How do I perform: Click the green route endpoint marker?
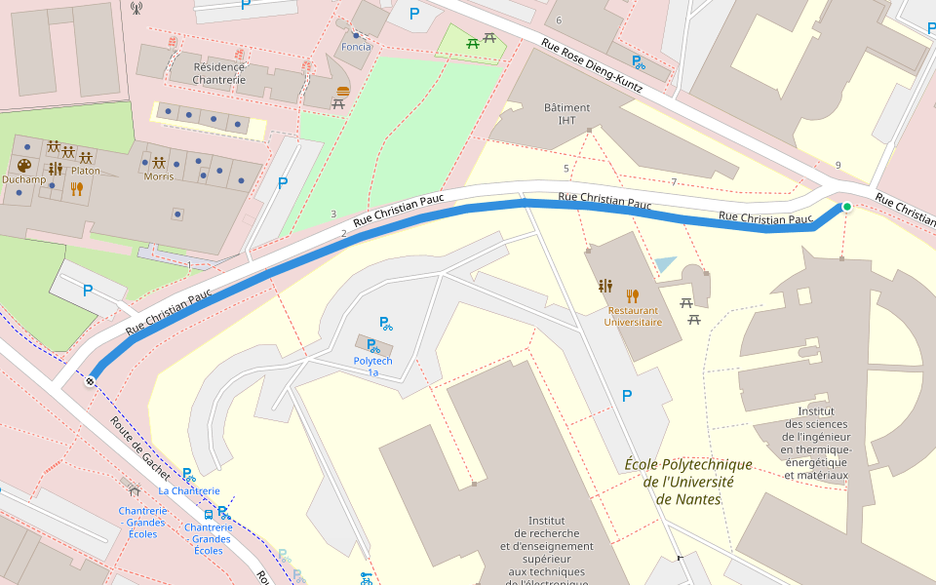(846, 207)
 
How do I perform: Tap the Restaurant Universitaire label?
(632, 316)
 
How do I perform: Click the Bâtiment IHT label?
(566, 113)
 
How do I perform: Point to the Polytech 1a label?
(372, 366)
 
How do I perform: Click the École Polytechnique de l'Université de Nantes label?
(688, 482)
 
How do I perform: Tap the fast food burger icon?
(341, 91)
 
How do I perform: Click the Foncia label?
(356, 47)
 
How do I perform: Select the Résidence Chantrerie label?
(219, 73)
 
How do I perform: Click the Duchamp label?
(24, 179)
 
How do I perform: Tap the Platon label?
(85, 171)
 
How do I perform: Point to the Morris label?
(158, 176)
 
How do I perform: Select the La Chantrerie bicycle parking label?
(189, 490)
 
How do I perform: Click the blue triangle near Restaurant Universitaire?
(666, 264)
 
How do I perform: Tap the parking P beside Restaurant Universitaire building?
(626, 395)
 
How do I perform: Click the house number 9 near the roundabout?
(838, 165)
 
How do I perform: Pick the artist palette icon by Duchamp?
(24, 166)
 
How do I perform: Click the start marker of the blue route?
(90, 381)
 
